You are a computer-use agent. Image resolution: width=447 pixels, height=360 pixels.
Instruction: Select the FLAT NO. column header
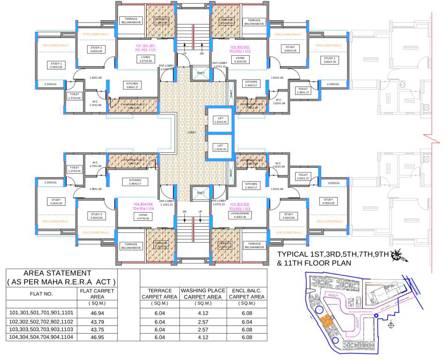click(41, 294)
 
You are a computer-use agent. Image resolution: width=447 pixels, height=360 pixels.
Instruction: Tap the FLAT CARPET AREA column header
click(97, 294)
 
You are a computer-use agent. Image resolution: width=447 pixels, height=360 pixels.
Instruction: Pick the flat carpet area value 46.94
click(97, 315)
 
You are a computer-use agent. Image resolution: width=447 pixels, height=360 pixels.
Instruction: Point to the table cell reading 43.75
click(97, 330)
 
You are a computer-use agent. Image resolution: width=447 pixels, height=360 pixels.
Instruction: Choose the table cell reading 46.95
click(97, 337)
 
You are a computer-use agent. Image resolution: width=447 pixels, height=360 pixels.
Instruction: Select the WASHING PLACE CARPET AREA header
click(204, 294)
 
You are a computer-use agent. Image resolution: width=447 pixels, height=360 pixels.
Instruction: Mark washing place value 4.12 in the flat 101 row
click(204, 315)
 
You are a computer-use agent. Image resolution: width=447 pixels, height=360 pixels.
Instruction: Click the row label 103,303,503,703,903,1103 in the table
click(41, 330)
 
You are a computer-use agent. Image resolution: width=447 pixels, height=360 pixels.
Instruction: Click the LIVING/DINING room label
click(240, 213)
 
